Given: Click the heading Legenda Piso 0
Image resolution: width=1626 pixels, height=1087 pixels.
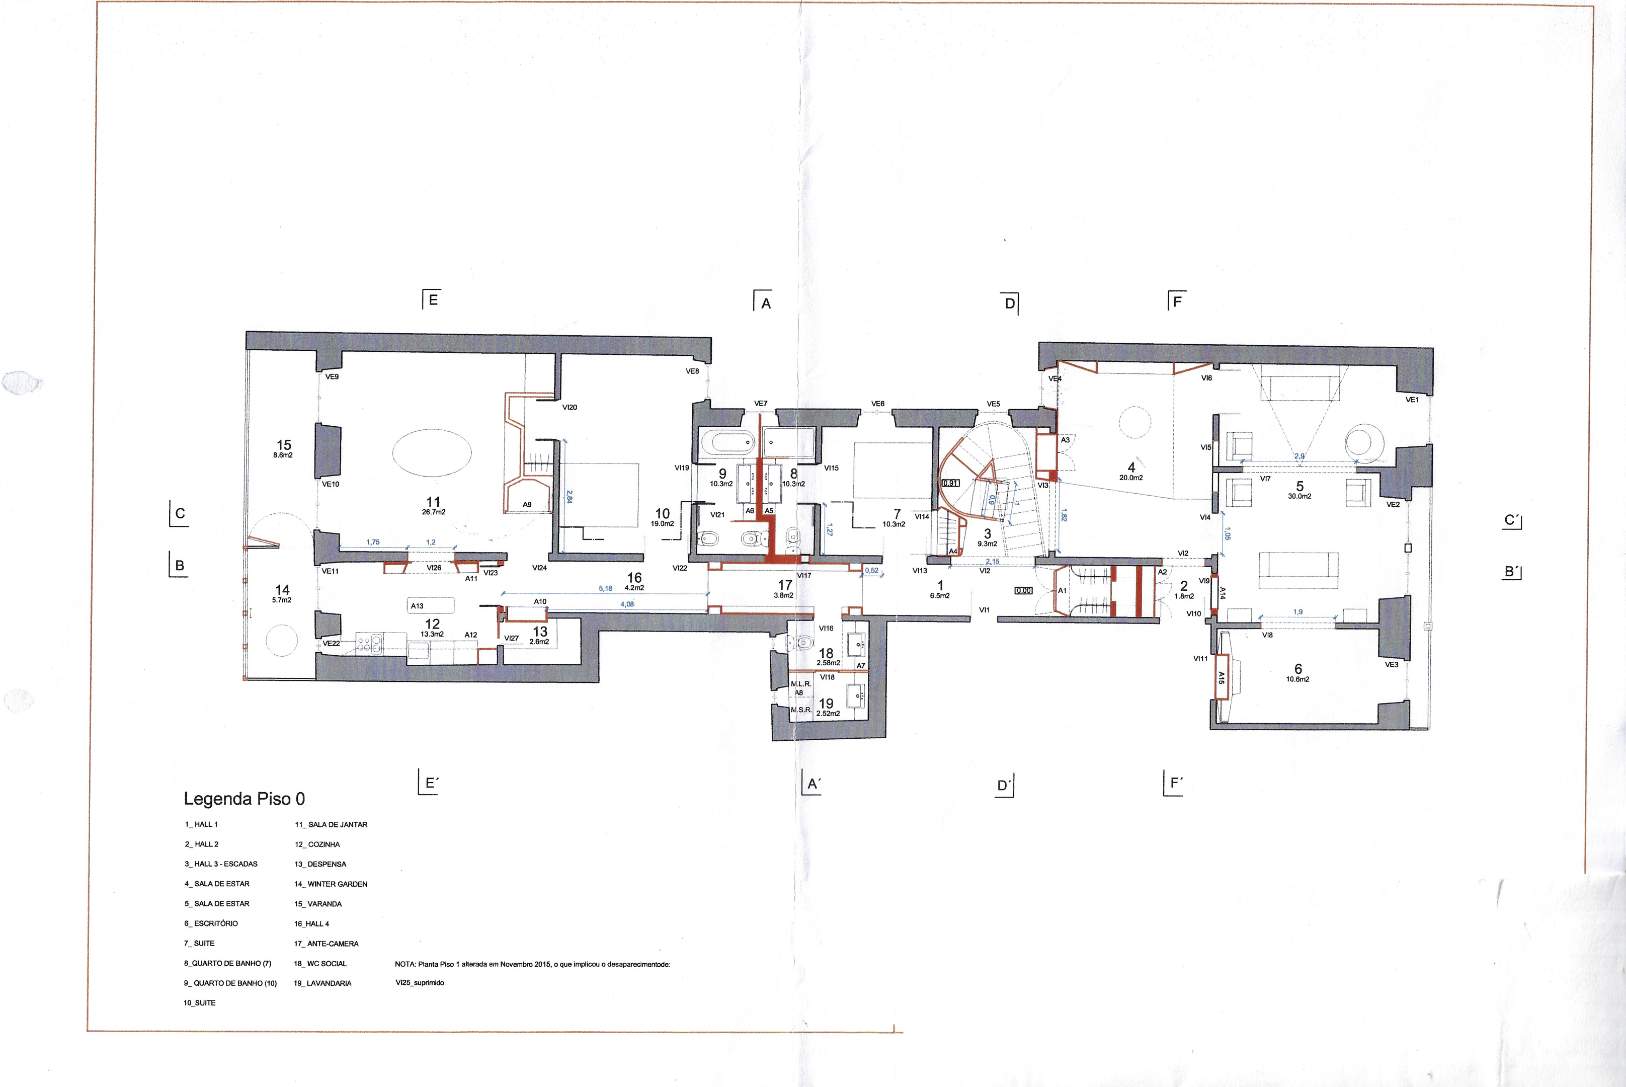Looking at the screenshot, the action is [244, 799].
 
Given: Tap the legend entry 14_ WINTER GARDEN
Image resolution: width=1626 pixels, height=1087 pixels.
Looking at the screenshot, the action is [331, 884].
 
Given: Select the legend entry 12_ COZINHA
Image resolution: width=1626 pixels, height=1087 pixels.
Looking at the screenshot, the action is [317, 844].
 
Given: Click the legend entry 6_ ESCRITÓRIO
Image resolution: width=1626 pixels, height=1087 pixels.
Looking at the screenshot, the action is [211, 923].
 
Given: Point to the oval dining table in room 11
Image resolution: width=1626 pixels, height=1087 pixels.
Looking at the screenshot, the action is [432, 452].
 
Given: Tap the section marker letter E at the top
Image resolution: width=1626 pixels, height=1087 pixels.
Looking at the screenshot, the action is [433, 299].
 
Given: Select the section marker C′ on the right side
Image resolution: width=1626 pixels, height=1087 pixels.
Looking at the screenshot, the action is [1512, 520].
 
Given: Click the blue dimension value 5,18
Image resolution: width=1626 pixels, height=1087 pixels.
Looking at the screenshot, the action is [605, 589].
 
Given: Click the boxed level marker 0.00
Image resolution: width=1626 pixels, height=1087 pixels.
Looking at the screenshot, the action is [1023, 591].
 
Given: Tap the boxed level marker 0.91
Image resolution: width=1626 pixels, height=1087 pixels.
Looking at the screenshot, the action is [951, 483].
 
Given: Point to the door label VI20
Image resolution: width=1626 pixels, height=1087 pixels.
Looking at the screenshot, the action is [570, 407].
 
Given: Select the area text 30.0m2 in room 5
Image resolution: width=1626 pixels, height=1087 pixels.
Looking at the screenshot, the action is [1299, 496].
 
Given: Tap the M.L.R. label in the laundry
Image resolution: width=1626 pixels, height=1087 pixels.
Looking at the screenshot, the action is [800, 684].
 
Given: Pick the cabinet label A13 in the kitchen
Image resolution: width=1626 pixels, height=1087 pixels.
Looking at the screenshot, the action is [417, 606].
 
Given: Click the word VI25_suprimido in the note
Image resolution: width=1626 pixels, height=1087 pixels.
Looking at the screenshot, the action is [420, 982].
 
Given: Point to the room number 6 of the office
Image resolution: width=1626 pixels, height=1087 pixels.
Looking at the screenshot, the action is [1298, 668].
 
